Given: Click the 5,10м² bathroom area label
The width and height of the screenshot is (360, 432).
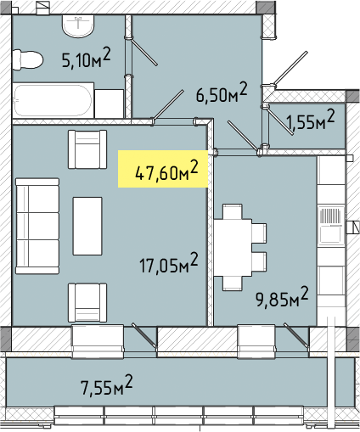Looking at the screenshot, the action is coord(87,58).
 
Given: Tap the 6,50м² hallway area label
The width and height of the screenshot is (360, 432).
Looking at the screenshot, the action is coord(222,93).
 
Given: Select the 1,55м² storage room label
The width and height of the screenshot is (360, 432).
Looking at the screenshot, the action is coord(311,120).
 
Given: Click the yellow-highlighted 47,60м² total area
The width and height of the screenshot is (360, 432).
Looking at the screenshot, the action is coord(166,170).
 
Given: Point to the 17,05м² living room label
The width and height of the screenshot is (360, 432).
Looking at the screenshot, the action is coord(169,263).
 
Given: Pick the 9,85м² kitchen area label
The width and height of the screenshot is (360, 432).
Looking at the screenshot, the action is coord(282,297).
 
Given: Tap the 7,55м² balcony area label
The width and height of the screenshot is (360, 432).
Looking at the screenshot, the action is coord(107,384).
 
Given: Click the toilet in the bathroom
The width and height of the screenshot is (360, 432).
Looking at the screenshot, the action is coord(27,59).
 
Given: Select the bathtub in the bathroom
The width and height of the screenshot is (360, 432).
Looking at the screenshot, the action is coord(53,100).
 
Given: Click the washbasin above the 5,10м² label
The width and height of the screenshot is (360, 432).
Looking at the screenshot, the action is coord(78,26).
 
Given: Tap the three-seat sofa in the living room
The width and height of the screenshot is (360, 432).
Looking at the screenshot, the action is coord(37,226).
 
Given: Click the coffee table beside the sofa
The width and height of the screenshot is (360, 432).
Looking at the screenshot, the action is coord(87,226).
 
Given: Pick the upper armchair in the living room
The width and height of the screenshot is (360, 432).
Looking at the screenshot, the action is coord(87,149).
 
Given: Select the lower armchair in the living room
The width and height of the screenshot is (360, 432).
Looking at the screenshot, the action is coord(87,303).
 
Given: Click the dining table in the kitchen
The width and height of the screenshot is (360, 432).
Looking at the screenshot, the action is coord(233,247).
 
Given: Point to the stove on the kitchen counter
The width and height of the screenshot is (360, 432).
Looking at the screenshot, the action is coord(331,225).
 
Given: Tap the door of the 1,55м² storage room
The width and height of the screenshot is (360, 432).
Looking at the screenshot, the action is coord(280,121).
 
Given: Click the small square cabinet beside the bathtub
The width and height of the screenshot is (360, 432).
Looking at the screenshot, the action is coord(109,104).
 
